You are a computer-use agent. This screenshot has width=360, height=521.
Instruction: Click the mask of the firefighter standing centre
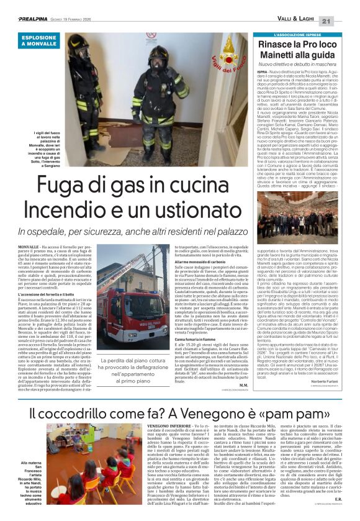point(159,60)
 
